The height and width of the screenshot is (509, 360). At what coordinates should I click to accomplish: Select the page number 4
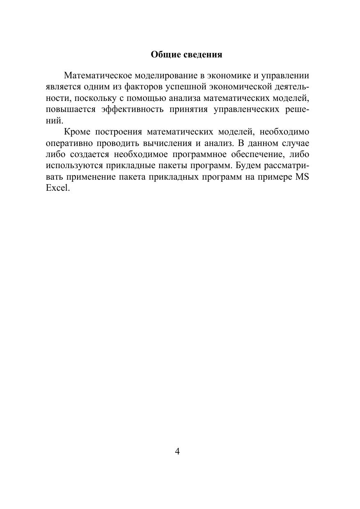pyautogui.click(x=177, y=452)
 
